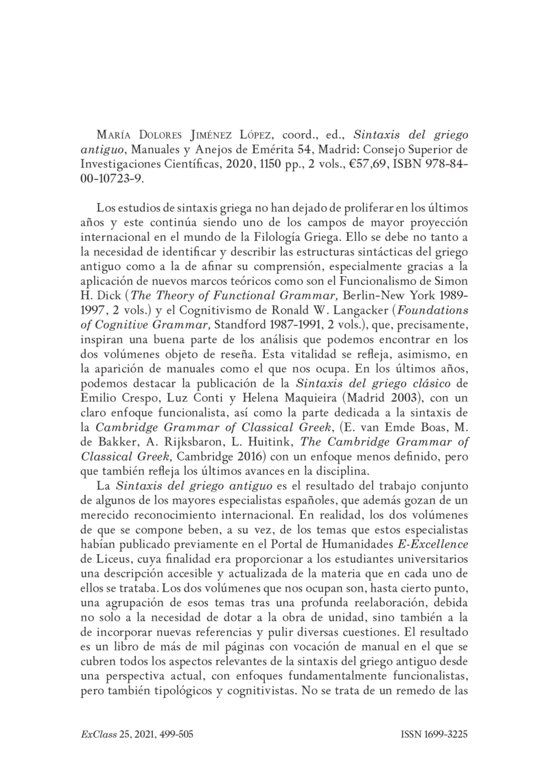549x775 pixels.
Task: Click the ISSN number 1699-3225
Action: [445, 734]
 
